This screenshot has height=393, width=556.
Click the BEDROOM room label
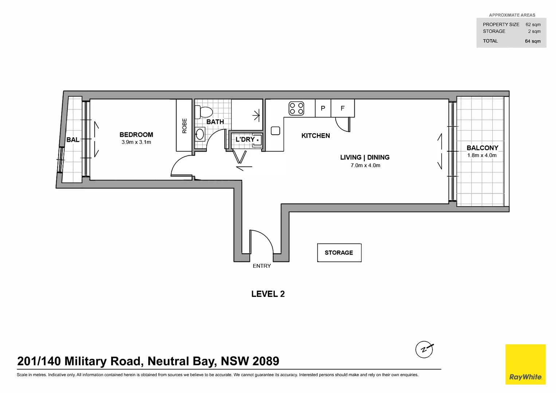pos(136,135)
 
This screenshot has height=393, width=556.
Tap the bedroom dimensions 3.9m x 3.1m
pos(136,142)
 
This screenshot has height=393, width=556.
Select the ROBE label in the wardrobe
pos(184,126)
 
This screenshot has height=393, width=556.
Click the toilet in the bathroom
pos(204,112)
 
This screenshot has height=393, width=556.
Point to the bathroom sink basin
pos(200,134)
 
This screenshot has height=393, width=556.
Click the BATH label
pos(215,122)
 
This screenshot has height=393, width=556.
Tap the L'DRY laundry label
pos(245,139)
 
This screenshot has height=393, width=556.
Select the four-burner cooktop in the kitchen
pos(296,108)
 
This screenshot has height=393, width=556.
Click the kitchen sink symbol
pos(275,131)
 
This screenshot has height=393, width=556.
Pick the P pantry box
pos(323,108)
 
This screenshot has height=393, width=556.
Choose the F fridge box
pos(342,108)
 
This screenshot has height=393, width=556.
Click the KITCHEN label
pos(316,136)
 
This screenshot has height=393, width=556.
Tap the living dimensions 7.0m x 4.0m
pos(365,166)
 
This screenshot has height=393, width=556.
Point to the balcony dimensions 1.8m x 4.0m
pos(482,155)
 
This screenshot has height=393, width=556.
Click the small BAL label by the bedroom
pos(73,140)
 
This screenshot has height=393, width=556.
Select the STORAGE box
pos(339,253)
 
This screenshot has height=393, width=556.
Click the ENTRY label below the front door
pos(262,266)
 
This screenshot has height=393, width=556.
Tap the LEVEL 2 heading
pos(268,294)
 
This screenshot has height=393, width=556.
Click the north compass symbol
pos(424,350)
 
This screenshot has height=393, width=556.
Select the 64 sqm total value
pos(532,41)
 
